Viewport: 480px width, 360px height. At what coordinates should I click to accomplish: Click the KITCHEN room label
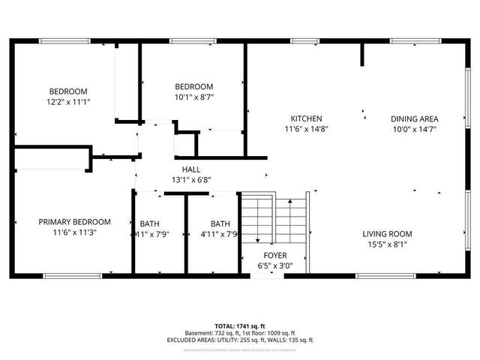[x=307, y=118]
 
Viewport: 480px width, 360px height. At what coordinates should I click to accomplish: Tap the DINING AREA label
[x=414, y=118]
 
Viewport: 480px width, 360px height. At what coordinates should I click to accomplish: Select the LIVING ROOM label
[x=388, y=233]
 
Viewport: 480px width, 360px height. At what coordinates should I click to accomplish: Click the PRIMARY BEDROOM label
[x=75, y=222]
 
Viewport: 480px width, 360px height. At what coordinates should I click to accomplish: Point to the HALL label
[x=190, y=169]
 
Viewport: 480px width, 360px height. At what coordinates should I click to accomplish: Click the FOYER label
[x=259, y=254]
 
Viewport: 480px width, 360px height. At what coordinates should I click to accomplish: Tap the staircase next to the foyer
[x=274, y=218]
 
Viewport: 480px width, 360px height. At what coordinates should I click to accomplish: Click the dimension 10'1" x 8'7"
[x=193, y=97]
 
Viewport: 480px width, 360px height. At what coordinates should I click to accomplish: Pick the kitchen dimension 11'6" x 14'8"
[x=307, y=130]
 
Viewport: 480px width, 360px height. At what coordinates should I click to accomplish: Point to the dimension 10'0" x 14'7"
[x=414, y=130]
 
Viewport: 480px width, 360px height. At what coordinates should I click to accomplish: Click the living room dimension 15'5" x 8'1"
[x=388, y=244]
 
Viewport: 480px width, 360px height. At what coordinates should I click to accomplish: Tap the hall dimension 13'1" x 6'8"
[x=190, y=180]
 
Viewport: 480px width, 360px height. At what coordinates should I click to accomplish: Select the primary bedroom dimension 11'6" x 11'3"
[x=75, y=232]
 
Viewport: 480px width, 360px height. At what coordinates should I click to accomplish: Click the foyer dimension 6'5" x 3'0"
[x=259, y=265]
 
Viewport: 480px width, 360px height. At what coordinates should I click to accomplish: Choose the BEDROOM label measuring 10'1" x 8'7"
[x=193, y=86]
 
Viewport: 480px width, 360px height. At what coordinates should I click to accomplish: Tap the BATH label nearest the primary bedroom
[x=150, y=223]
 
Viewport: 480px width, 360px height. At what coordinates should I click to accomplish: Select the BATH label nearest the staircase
[x=220, y=223]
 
